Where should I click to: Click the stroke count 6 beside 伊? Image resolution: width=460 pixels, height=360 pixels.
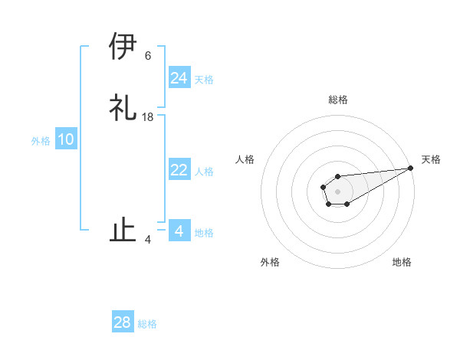[148, 56]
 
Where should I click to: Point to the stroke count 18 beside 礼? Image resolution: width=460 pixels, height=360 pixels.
[148, 117]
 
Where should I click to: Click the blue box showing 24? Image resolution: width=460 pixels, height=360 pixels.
[179, 78]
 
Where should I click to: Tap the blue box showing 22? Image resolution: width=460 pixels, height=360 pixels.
[179, 170]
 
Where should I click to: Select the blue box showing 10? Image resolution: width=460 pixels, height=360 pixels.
[66, 140]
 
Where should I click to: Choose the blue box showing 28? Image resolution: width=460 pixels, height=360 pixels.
[123, 322]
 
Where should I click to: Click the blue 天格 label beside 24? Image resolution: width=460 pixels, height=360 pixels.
[204, 80]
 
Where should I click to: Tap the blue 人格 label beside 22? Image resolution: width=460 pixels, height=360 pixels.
[204, 172]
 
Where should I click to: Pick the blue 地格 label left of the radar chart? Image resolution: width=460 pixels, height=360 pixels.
[204, 233]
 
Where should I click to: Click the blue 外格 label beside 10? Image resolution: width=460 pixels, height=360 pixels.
[41, 141]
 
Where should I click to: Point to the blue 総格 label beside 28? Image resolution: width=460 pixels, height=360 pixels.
[147, 324]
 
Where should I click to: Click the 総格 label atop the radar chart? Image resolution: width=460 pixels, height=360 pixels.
[338, 100]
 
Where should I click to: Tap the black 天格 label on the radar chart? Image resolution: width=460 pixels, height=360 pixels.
[431, 159]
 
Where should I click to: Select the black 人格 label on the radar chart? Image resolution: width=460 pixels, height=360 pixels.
[245, 159]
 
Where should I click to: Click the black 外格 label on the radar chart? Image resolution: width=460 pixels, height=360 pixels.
[270, 262]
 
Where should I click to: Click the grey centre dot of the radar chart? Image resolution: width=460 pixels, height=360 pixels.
[337, 190]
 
